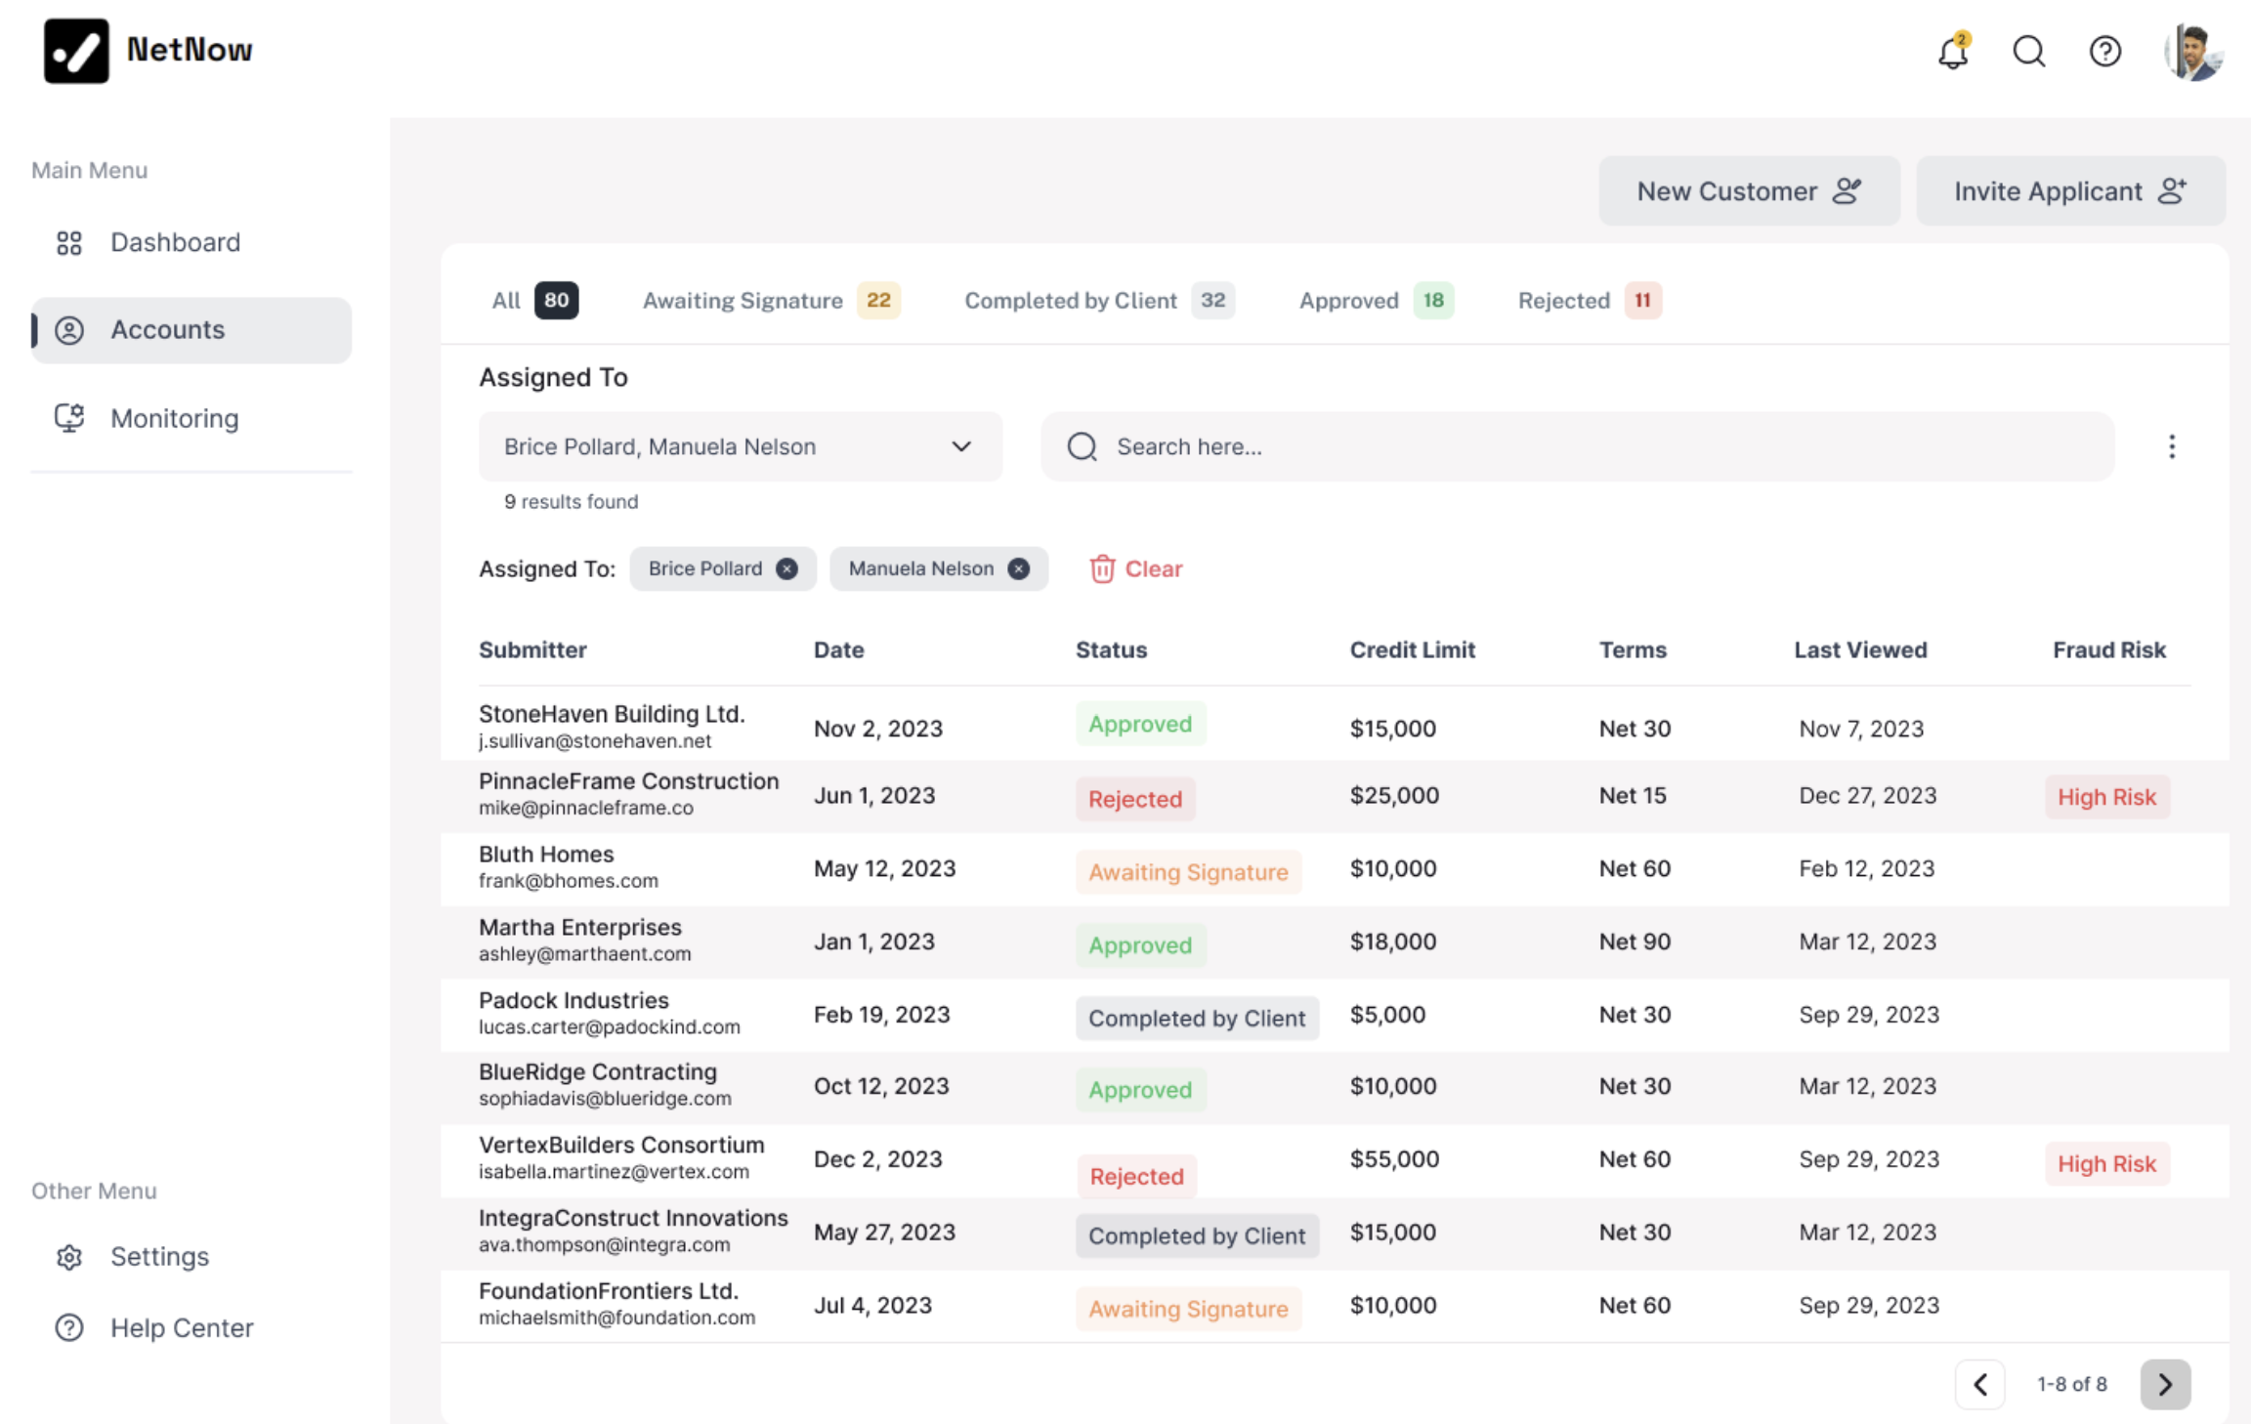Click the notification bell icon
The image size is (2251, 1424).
(x=1952, y=52)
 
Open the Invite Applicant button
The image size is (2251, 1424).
(x=2070, y=191)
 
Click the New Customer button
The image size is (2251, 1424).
(x=1749, y=191)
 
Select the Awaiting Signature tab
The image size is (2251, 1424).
(x=743, y=301)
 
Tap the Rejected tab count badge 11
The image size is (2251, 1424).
(x=1642, y=301)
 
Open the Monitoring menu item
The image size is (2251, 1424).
(x=174, y=418)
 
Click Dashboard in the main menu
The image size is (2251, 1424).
(x=175, y=242)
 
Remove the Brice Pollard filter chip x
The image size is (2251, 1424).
(x=786, y=568)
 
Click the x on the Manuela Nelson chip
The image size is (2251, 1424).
(x=1018, y=568)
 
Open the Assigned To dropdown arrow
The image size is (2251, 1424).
(x=961, y=446)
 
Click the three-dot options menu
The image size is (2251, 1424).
(x=2171, y=446)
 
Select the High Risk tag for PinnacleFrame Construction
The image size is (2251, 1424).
(x=2106, y=797)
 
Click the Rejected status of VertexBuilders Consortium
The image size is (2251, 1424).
(x=1136, y=1176)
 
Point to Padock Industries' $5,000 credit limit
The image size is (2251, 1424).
(x=1387, y=1015)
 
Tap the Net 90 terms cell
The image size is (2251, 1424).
(x=1635, y=942)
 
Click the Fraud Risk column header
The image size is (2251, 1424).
(x=2108, y=649)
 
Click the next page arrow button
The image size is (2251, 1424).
(x=2164, y=1384)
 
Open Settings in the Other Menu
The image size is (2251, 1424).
(x=159, y=1256)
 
